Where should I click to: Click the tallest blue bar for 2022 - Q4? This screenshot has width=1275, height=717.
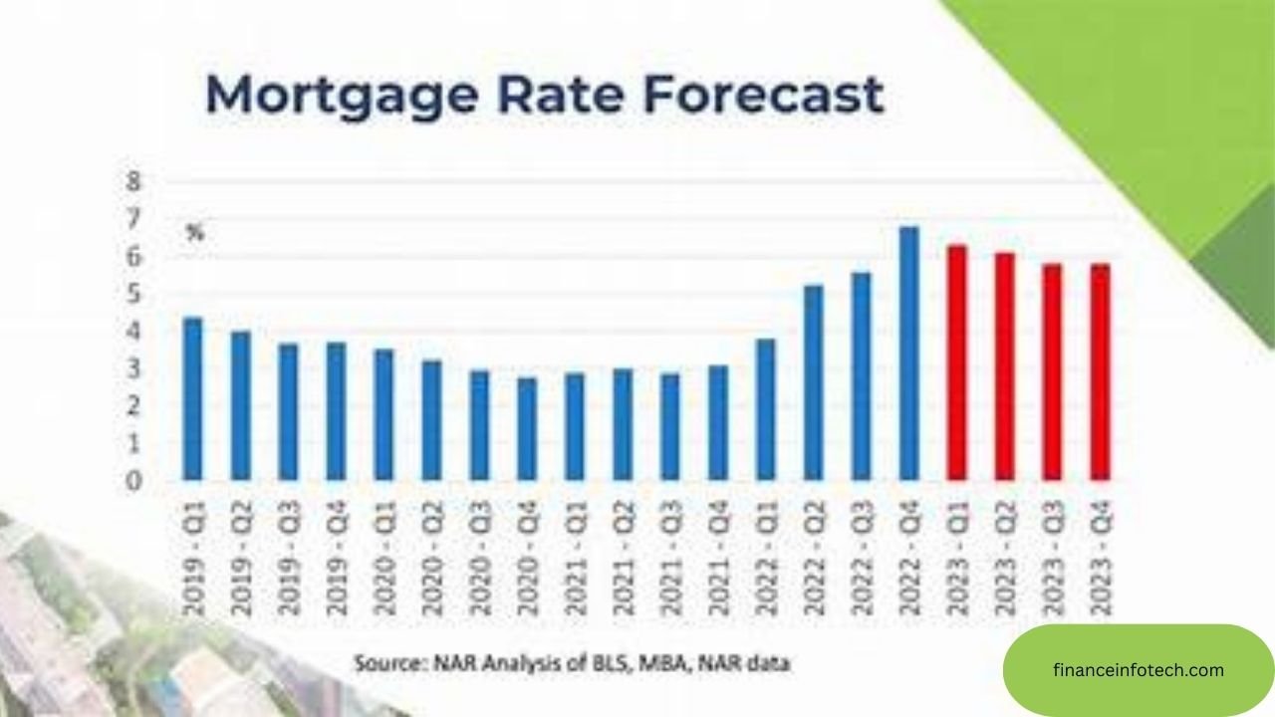(908, 355)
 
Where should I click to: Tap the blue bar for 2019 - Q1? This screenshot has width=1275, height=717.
(192, 398)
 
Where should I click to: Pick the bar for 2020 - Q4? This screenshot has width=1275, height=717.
(527, 429)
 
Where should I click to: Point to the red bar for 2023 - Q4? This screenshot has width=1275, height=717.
(1101, 372)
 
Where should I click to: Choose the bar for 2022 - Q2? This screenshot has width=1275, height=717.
(814, 383)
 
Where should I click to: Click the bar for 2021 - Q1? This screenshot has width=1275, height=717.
(575, 427)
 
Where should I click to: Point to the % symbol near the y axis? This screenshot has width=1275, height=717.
(195, 235)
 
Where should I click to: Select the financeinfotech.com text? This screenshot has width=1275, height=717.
(1139, 670)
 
